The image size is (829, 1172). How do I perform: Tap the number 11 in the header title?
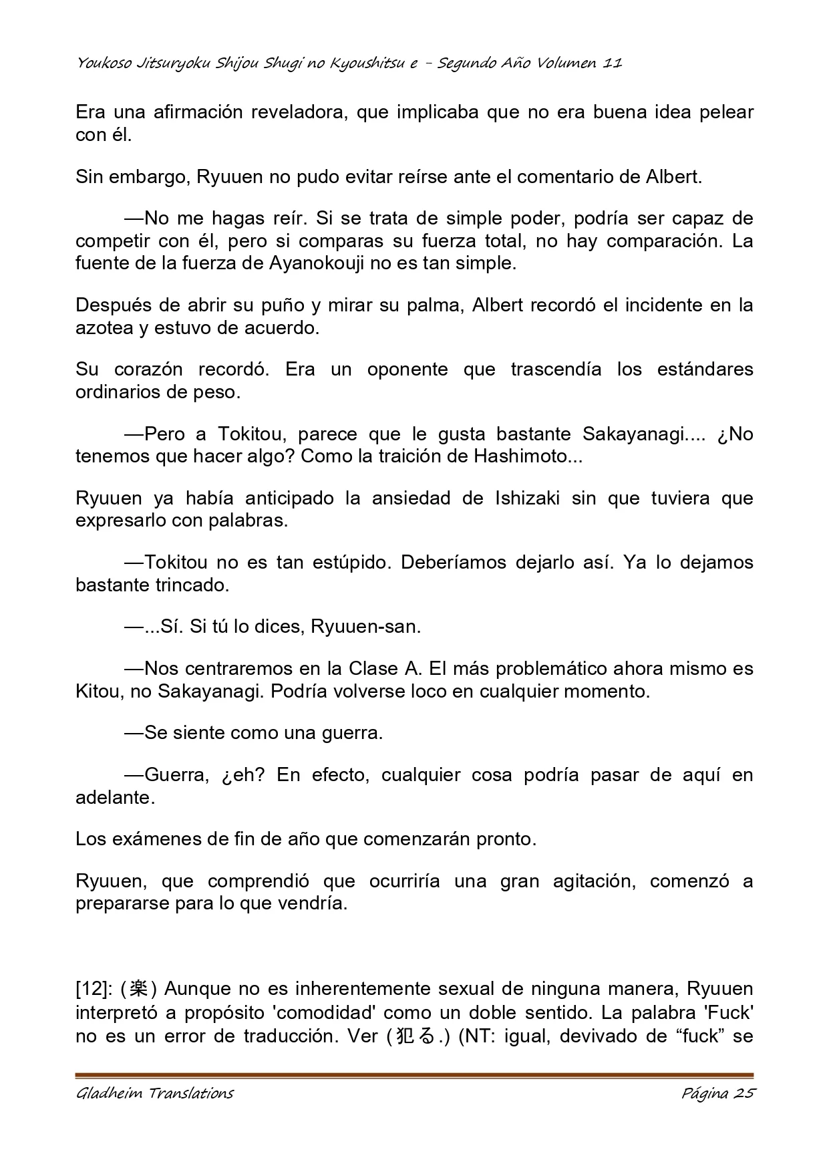click(613, 63)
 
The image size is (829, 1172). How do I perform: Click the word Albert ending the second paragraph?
click(673, 177)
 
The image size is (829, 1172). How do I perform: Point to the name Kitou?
click(99, 691)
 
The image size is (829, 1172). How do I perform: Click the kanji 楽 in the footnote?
click(138, 988)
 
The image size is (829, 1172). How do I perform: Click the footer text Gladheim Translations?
click(155, 1093)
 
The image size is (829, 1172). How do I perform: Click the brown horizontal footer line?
click(414, 1076)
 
